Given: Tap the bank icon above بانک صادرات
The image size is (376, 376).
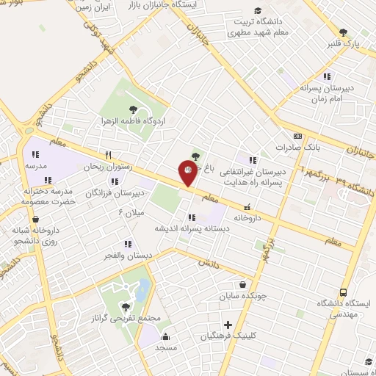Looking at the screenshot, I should point(297,136).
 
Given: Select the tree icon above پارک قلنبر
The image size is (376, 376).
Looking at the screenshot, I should point(344,32).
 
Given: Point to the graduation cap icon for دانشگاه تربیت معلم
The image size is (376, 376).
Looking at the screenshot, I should point(257,10).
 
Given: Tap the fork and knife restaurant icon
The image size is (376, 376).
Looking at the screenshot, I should point(109,155).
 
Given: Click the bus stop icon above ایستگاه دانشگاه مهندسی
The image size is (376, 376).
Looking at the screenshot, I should point(344,292).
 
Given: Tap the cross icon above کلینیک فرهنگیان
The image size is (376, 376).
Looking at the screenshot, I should point(228,325).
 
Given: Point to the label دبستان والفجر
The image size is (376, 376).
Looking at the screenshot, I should point(130,256).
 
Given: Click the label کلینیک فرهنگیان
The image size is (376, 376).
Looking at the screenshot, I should point(228,336).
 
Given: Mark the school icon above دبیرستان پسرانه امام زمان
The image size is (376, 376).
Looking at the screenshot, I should point(327,76).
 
